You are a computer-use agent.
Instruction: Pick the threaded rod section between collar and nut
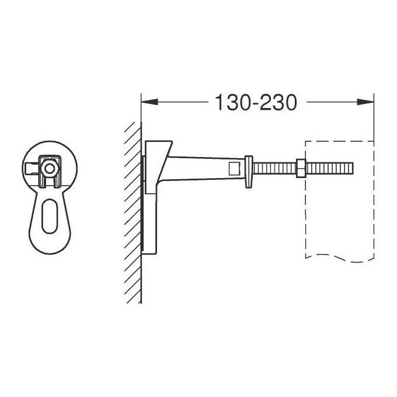click(274, 168)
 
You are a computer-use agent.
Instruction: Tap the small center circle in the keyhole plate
click(50, 168)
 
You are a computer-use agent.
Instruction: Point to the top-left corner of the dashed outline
click(305, 141)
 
